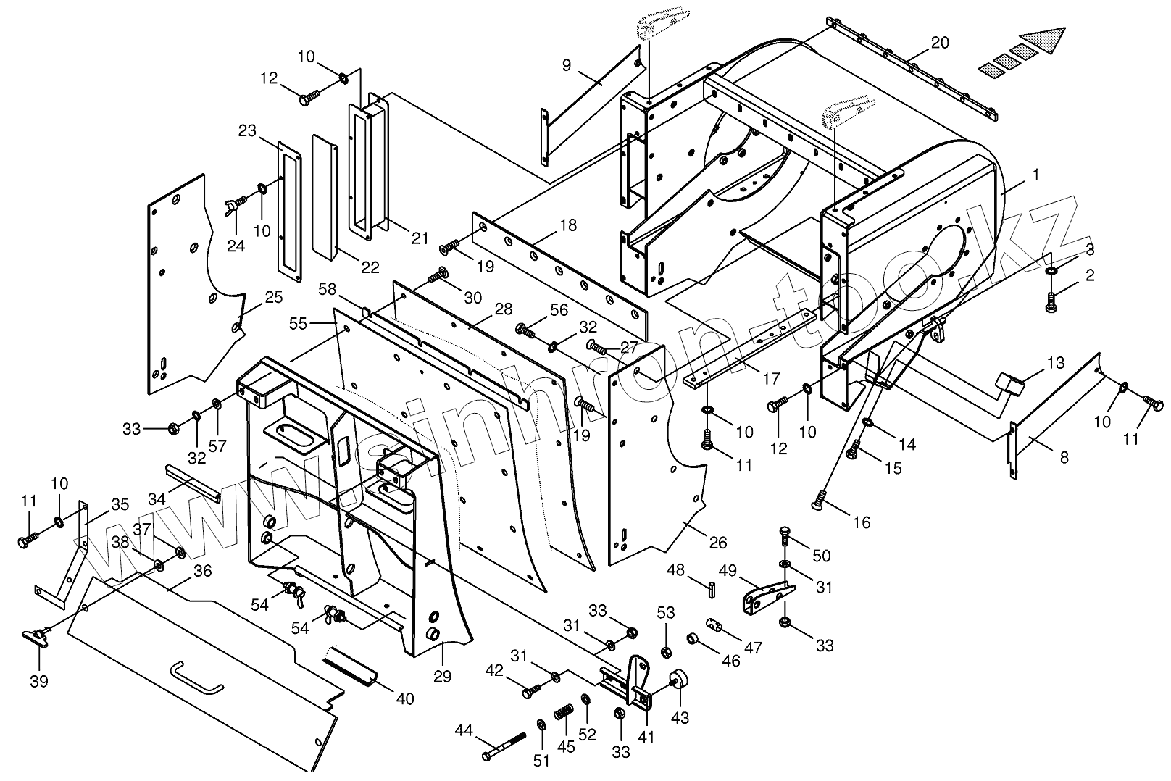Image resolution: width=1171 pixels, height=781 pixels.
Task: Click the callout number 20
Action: point(939,43)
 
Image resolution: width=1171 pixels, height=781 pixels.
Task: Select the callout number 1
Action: point(1036,175)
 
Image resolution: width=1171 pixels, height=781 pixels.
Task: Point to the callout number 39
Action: point(39,681)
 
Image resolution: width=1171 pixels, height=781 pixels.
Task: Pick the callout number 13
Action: point(1056,362)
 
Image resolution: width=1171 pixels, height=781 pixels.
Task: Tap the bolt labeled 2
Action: point(1051,301)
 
